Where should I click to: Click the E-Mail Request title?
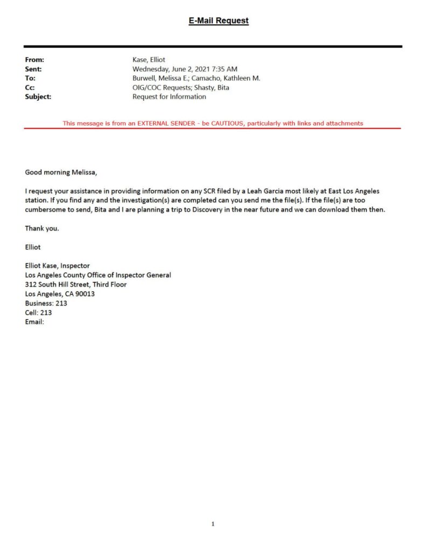pyautogui.click(x=218, y=21)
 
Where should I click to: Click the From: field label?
pyautogui.click(x=34, y=60)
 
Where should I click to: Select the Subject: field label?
pyautogui.click(x=38, y=96)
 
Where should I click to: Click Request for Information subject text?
pyautogui.click(x=169, y=96)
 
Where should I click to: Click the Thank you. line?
pyautogui.click(x=42, y=228)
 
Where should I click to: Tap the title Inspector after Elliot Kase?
pyautogui.click(x=75, y=266)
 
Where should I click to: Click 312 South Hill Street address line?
pyautogui.click(x=76, y=284)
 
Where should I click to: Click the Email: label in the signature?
pyautogui.click(x=34, y=322)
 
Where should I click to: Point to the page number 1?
pyautogui.click(x=213, y=523)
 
